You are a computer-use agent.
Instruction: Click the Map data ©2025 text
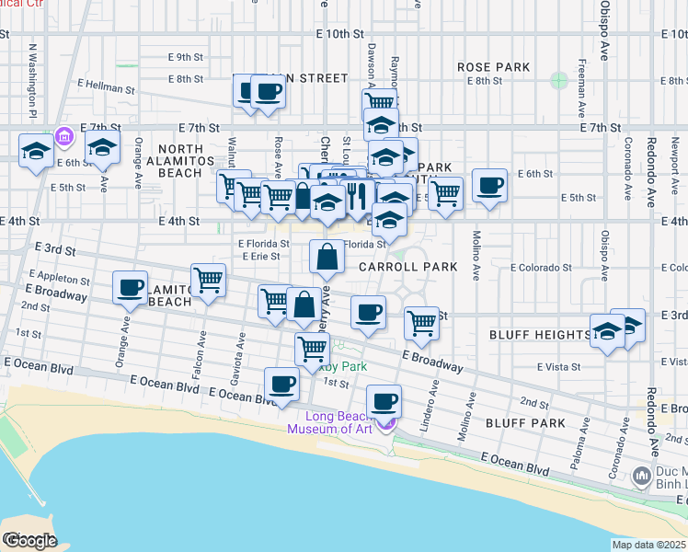tap(648, 545)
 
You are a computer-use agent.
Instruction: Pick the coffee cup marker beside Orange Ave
tap(131, 287)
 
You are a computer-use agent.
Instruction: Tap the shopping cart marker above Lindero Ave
tap(421, 322)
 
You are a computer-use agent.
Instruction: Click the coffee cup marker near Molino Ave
tap(488, 186)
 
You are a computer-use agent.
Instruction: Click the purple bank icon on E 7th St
tap(63, 138)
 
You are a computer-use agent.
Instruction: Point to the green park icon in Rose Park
tap(558, 80)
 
